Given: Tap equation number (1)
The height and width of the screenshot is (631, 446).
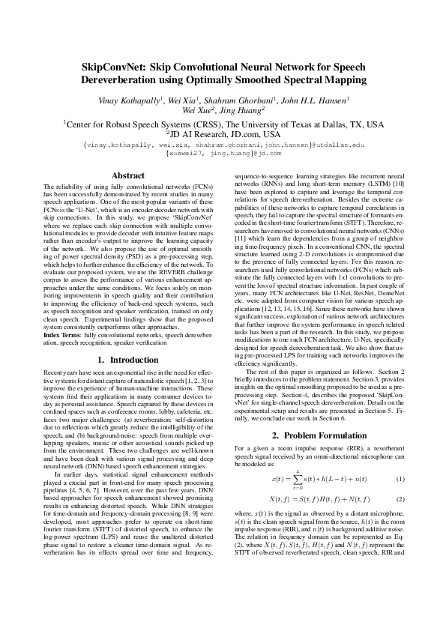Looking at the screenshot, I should (400, 478).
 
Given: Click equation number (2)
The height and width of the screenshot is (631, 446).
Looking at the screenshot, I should (400, 498).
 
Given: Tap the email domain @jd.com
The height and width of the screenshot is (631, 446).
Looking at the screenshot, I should (265, 152).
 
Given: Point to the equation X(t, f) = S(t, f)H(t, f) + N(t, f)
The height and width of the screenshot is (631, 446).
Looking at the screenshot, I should (318, 498).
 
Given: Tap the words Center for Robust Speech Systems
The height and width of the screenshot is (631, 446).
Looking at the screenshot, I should (143, 124).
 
